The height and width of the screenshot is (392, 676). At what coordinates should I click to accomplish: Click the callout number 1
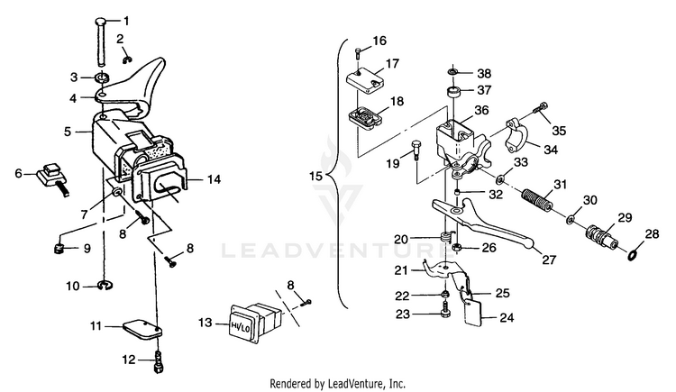click(x=125, y=20)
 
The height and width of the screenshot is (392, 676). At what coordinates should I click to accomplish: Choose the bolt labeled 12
click(x=159, y=361)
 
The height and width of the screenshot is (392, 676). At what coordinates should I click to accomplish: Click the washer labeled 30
click(x=573, y=219)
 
